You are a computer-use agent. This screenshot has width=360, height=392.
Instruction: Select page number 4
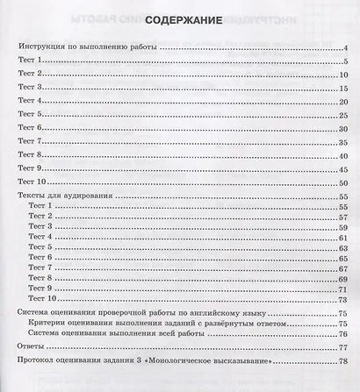tap(349, 50)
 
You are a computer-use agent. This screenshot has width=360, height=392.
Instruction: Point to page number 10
tap(346, 75)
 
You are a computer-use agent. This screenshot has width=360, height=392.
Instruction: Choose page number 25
tap(346, 116)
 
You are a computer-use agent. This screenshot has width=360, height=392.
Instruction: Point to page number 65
tap(346, 258)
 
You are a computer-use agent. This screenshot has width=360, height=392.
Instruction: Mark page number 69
tap(346, 279)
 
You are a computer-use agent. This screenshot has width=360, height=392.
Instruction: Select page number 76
tap(346, 333)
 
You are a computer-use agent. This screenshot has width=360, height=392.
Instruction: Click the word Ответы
tap(31, 348)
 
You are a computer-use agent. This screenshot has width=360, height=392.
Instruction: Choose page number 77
tap(346, 348)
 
